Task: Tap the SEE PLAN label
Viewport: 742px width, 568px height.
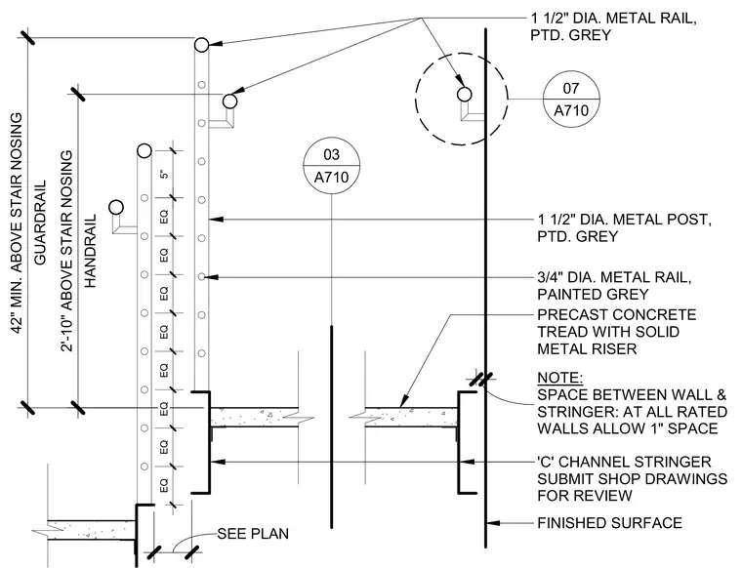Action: point(253,534)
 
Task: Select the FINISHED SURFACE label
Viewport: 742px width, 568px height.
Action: point(609,523)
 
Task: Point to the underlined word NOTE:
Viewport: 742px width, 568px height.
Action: point(560,378)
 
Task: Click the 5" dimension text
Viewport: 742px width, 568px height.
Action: point(164,174)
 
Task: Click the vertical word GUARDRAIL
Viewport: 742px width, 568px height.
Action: point(40,223)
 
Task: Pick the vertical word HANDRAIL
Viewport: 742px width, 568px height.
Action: point(90,251)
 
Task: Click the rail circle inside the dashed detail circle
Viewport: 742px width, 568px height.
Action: point(465,94)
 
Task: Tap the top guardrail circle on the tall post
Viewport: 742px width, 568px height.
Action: point(201,45)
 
